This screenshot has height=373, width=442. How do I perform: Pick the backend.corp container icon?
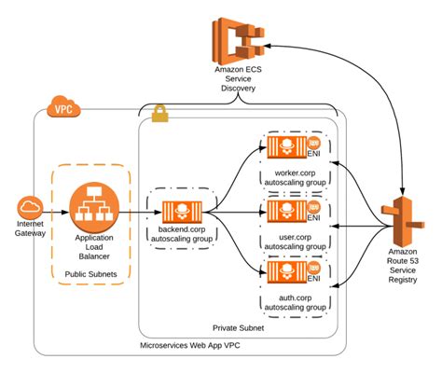[x=183, y=212]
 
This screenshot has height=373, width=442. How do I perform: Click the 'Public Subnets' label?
[x=92, y=274]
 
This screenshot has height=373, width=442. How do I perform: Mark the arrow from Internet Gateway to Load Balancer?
[x=54, y=208]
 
